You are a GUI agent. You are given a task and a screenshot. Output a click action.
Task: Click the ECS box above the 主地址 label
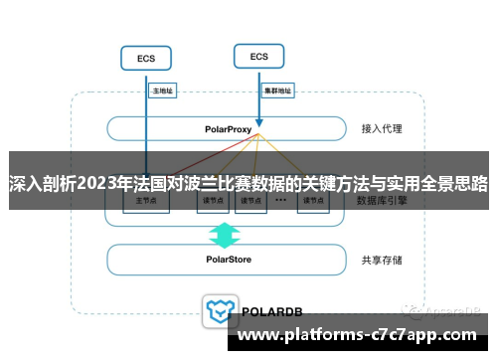tap(145, 59)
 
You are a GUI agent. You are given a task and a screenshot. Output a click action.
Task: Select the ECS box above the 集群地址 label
tap(258, 57)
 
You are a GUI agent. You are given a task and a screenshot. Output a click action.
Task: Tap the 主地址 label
tap(162, 90)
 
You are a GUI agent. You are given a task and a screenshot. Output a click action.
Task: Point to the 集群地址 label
tap(277, 90)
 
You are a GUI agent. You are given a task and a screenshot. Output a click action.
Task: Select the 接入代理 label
tap(382, 129)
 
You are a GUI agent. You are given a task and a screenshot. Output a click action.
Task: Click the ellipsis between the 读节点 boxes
tap(281, 200)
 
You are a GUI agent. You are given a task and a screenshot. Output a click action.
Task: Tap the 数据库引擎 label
tap(382, 200)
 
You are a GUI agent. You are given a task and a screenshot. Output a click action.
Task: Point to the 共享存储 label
tap(382, 261)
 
